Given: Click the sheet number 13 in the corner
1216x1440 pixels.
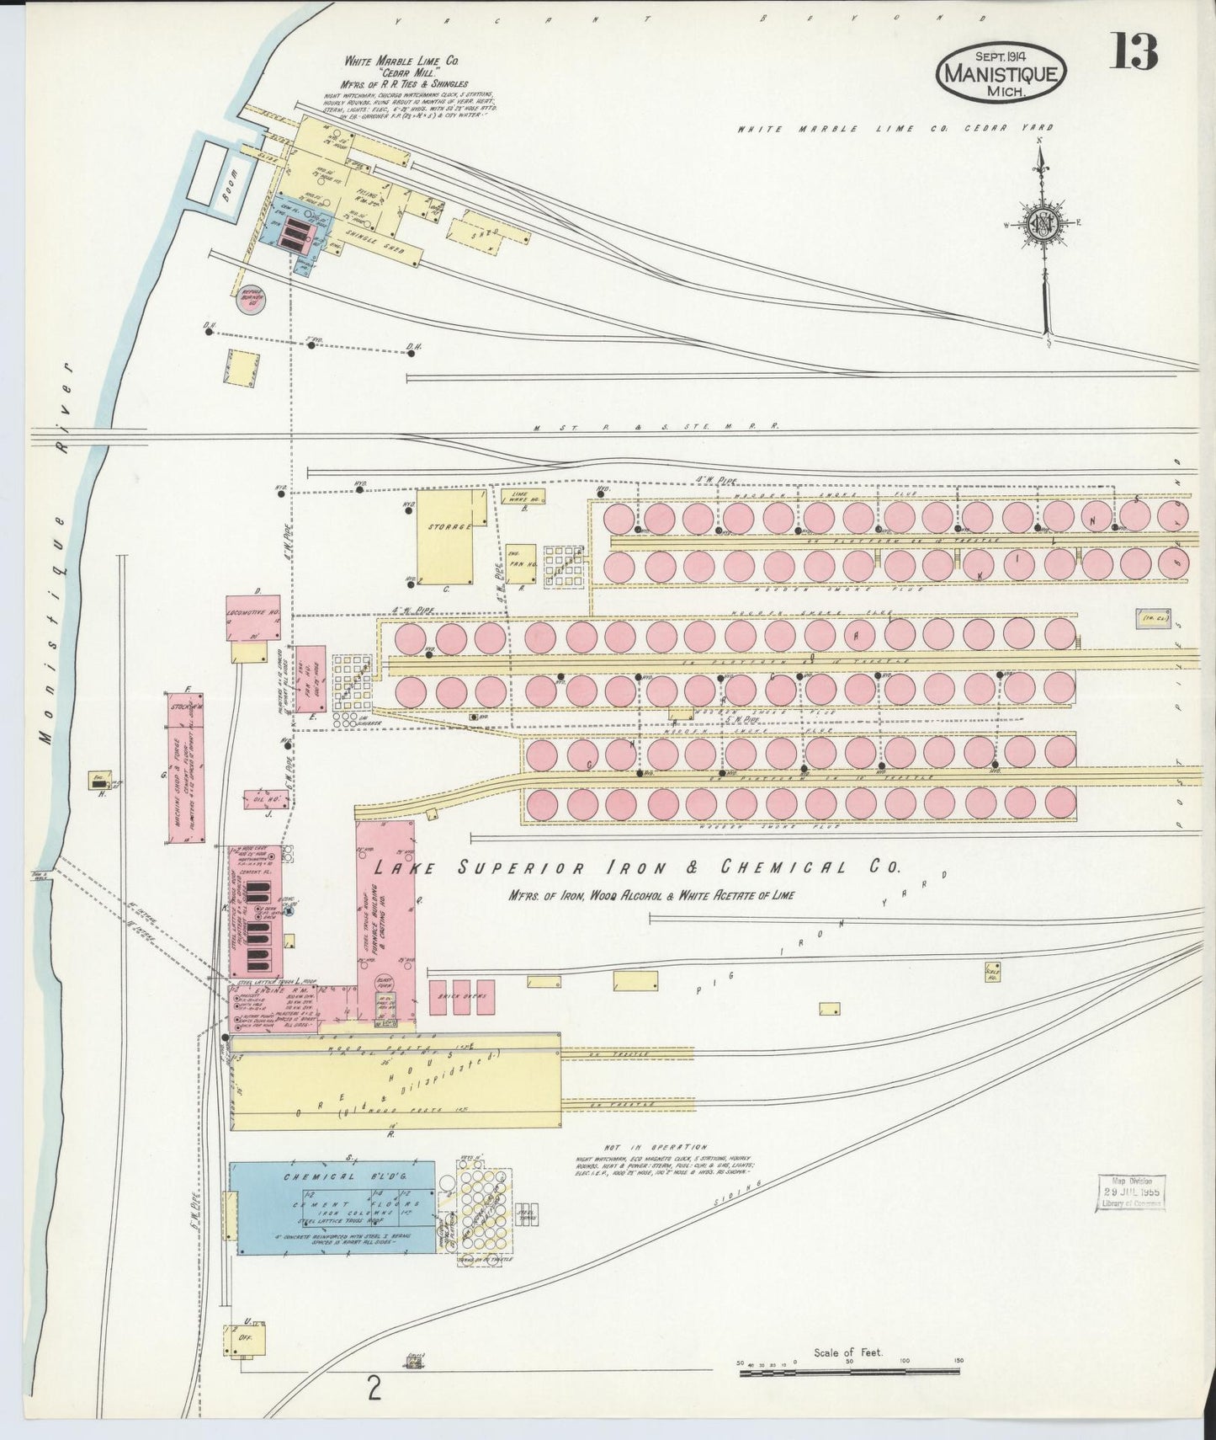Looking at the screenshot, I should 1133,52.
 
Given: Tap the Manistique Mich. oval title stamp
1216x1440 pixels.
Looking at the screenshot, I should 1001,73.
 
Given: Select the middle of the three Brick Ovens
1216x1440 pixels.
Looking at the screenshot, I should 461,997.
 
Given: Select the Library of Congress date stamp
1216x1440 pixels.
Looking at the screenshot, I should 1130,1192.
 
